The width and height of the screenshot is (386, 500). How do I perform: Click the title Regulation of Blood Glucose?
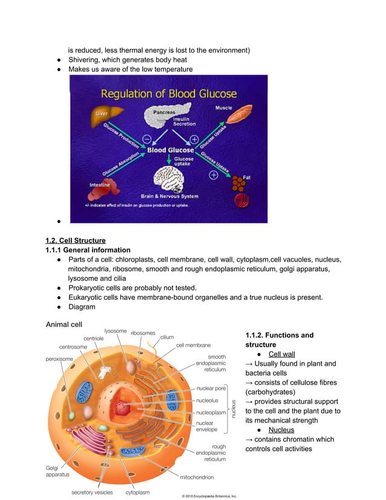(x=168, y=94)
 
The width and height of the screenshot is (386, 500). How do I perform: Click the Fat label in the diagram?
(x=246, y=177)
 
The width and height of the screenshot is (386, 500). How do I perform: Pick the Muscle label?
(x=223, y=108)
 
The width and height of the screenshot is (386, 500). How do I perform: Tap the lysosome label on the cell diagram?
(x=116, y=331)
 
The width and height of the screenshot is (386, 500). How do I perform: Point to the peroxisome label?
(x=59, y=359)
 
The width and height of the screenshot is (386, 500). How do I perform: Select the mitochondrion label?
(x=197, y=477)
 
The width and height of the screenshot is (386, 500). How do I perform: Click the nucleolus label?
(x=208, y=400)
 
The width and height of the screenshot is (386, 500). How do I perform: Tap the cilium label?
(x=167, y=337)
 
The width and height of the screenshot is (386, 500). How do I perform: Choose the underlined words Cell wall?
(x=281, y=354)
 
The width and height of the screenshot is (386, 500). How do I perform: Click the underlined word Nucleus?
(x=281, y=430)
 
